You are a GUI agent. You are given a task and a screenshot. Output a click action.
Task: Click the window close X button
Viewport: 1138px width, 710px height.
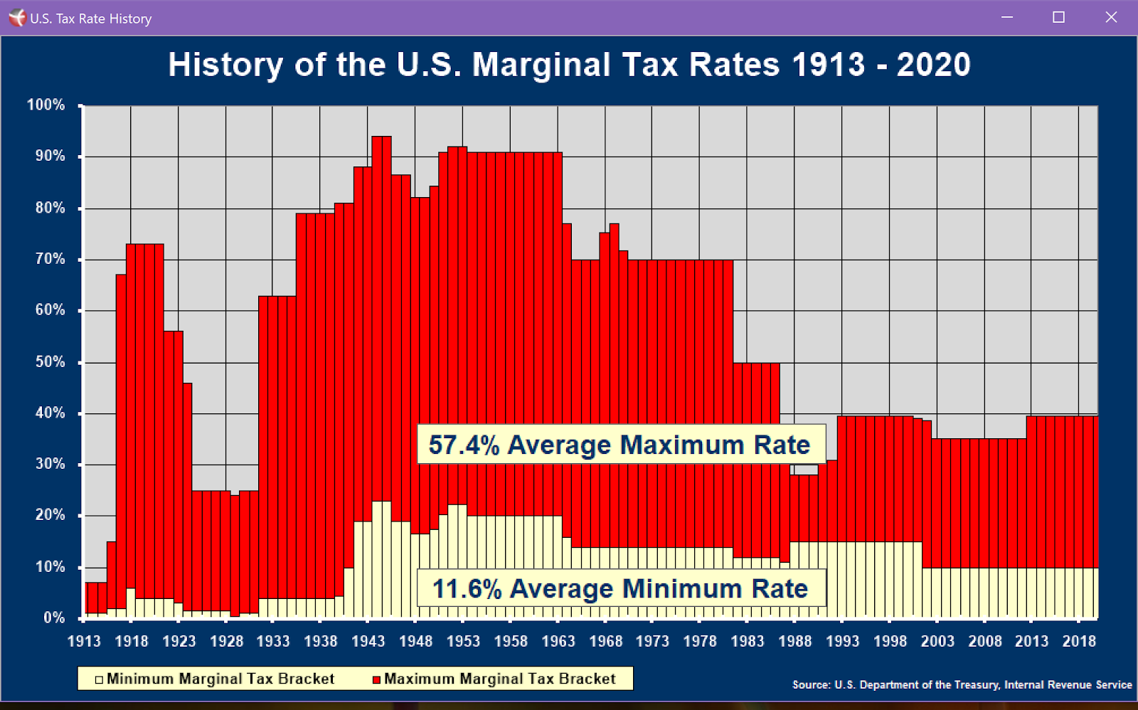(1111, 17)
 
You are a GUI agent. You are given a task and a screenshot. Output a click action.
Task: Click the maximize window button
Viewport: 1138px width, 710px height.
(1058, 17)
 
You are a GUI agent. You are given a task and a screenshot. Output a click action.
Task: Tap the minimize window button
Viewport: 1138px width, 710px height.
(1006, 17)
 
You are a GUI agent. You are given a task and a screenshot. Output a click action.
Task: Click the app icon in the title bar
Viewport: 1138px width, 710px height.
(16, 18)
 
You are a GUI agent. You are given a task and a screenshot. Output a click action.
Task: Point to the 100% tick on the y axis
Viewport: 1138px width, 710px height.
(46, 105)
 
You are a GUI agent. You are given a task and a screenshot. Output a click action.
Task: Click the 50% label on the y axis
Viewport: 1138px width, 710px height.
(50, 361)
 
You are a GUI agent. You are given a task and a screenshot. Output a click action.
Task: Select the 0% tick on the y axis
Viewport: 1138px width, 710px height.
(54, 618)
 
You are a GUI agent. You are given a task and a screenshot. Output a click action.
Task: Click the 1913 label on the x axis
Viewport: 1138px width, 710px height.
(84, 641)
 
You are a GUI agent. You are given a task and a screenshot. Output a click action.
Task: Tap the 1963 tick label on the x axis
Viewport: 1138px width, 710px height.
(558, 641)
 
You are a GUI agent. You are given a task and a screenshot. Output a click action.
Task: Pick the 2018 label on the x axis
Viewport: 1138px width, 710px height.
(1079, 641)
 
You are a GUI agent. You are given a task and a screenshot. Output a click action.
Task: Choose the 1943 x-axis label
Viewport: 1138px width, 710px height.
(368, 641)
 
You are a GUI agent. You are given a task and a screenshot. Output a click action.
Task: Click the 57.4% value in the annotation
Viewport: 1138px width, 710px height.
(464, 445)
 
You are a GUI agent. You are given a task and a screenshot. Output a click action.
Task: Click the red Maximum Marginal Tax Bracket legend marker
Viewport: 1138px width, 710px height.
(377, 679)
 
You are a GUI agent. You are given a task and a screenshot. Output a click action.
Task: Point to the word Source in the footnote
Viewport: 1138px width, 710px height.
(810, 684)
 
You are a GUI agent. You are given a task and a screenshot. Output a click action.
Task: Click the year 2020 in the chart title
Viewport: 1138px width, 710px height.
(933, 65)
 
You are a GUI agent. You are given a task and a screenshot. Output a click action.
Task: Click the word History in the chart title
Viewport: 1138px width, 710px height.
(225, 65)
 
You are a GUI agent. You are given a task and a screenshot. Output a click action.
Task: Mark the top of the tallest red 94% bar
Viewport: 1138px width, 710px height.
(381, 137)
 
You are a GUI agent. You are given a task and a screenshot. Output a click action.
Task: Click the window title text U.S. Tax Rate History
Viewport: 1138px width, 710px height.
(90, 18)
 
